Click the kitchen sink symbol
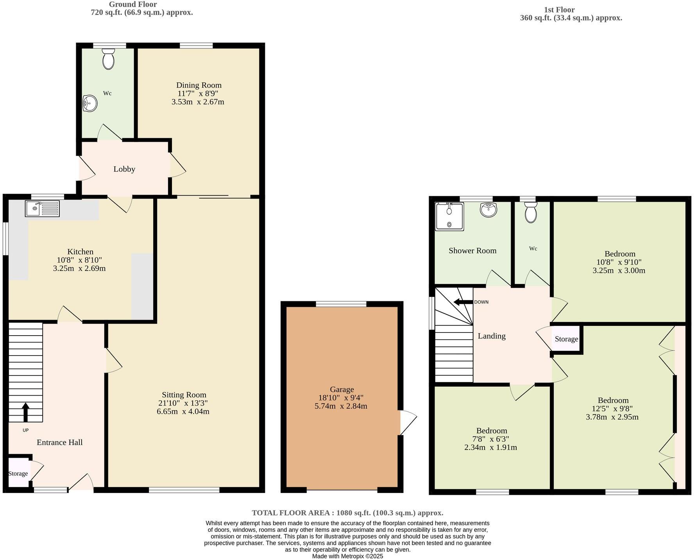coord(42,208)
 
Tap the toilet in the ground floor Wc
coord(108,59)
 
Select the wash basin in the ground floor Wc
coord(90,104)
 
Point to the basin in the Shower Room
coord(488,210)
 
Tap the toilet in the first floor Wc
coord(531,212)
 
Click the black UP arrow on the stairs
coord(25,412)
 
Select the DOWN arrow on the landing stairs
coord(463,302)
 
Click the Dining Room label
coord(199,85)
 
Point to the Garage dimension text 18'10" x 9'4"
coord(341,398)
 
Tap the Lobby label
coord(124,169)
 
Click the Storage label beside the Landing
coord(566,339)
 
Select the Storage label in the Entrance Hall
coord(18,473)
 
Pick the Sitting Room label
coord(184,395)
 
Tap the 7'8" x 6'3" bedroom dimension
coord(492,439)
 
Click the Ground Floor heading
coord(133,4)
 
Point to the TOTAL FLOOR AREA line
coord(347,513)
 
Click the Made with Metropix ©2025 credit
coord(347,556)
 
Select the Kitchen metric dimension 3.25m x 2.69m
coord(79,268)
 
